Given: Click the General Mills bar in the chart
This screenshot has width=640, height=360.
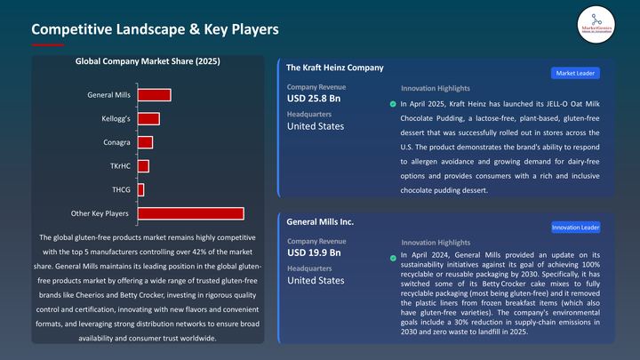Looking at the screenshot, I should pos(154,95).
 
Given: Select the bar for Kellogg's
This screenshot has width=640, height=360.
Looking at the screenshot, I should pos(148,119).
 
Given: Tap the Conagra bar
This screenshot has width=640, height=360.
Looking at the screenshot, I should pos(145,142).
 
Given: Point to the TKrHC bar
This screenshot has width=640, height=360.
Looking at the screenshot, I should pos(143,166).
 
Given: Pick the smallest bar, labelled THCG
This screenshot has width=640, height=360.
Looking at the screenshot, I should pos(140,189).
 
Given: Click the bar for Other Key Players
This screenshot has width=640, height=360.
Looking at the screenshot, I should pos(190,213).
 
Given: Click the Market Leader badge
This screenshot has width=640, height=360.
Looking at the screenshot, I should pos(577,73).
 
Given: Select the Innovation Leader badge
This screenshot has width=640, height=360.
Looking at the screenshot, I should pos(575,228).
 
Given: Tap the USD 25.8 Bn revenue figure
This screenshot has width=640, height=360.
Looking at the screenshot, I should pos(314,98).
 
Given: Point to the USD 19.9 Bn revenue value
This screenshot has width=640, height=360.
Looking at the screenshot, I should pos(314,252).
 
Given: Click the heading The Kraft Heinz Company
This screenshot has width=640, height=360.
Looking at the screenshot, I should pos(335,67).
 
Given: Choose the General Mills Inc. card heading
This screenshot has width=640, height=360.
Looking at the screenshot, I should pos(320,221).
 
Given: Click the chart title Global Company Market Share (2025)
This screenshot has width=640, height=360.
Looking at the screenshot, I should pos(148,61).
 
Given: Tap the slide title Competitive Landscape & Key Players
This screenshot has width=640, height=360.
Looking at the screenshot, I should pos(156,29).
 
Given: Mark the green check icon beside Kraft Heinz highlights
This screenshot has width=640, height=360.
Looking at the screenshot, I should pos(394,104).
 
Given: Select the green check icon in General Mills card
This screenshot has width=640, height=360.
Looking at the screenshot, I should pos(394,258).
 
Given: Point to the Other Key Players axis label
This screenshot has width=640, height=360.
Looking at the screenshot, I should pos(100,213).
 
